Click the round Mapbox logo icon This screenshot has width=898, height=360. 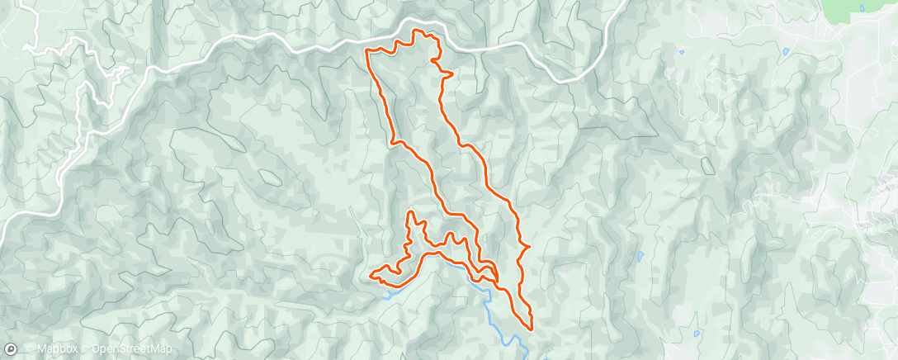(x=10, y=348)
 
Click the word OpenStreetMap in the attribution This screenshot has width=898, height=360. (x=132, y=349)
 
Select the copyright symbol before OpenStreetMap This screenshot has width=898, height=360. (x=86, y=349)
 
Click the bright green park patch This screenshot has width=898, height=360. (x=858, y=10)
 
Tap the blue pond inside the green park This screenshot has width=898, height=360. (x=862, y=8)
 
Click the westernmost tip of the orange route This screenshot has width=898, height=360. (x=370, y=274)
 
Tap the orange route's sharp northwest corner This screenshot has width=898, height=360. (x=366, y=51)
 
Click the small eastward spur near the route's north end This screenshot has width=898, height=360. (x=451, y=75)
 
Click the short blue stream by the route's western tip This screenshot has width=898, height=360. (x=389, y=290)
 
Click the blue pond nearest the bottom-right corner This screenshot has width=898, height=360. (x=697, y=334)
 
